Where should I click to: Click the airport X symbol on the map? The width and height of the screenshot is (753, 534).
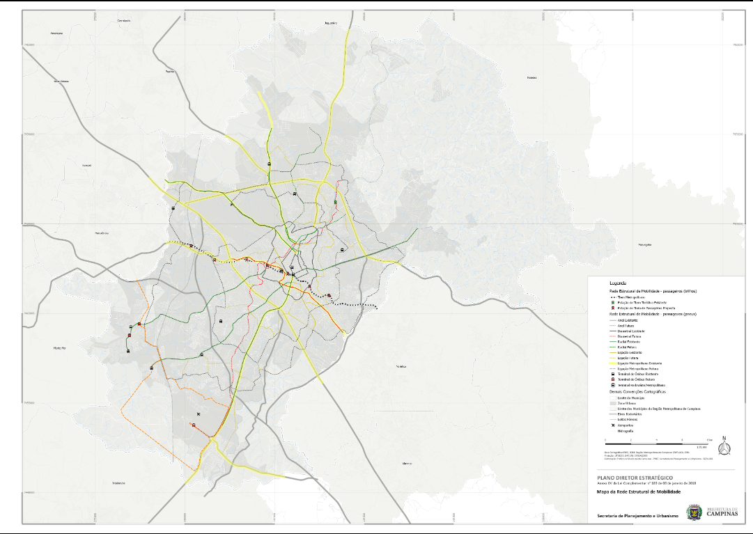pyautogui.click(x=199, y=414)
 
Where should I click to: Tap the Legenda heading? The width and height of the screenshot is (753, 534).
pyautogui.click(x=617, y=284)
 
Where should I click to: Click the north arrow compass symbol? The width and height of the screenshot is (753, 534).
pyautogui.click(x=724, y=446)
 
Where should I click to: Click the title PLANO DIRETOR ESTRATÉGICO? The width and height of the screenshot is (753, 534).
pyautogui.click(x=635, y=478)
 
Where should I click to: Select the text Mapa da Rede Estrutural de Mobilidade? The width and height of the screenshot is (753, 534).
pyautogui.click(x=639, y=492)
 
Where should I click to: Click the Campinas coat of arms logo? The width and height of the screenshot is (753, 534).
pyautogui.click(x=694, y=513)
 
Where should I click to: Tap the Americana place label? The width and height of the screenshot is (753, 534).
pyautogui.click(x=57, y=33)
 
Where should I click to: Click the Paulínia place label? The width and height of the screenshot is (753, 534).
pyautogui.click(x=169, y=71)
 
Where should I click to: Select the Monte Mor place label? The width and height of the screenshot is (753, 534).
pyautogui.click(x=59, y=347)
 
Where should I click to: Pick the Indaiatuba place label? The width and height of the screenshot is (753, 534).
pyautogui.click(x=118, y=482)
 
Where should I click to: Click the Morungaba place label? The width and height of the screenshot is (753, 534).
pyautogui.click(x=644, y=245)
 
